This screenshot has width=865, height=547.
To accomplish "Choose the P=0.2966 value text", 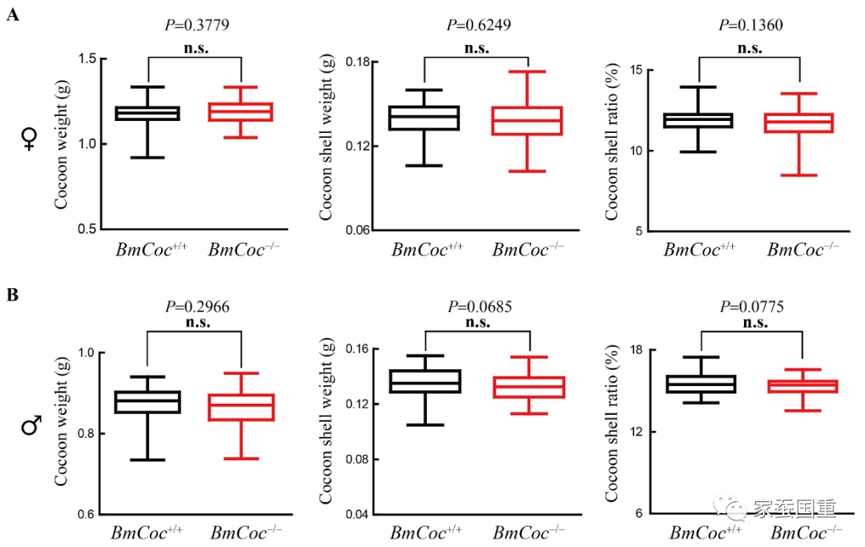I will pyautogui.click(x=195, y=306).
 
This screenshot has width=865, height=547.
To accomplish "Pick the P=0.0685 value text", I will pyautogui.click(x=478, y=306).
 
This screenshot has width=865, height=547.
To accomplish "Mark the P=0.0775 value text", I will pyautogui.click(x=750, y=306).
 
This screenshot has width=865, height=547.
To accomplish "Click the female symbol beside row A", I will pyautogui.click(x=30, y=141).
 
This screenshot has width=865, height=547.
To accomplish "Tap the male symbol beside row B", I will pyautogui.click(x=31, y=427).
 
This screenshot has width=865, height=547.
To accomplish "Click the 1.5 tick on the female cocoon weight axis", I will pyautogui.click(x=88, y=59).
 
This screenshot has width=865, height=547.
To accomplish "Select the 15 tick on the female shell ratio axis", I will pyautogui.click(x=636, y=70).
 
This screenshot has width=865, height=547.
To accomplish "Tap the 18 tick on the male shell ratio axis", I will pyautogui.click(x=636, y=351).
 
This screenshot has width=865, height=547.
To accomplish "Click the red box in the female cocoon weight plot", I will pyautogui.click(x=241, y=111).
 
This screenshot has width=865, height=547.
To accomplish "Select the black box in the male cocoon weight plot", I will pyautogui.click(x=147, y=402).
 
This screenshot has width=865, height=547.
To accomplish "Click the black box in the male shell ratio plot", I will pyautogui.click(x=701, y=384).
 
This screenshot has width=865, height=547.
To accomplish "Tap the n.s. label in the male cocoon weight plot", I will pyautogui.click(x=195, y=323).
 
